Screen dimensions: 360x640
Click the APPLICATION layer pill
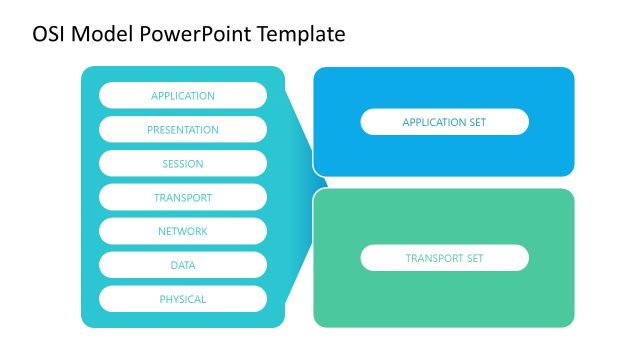click(x=183, y=96)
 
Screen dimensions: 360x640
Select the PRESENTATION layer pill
click(x=183, y=130)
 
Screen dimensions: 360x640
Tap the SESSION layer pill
click(x=183, y=164)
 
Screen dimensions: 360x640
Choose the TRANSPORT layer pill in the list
click(x=183, y=198)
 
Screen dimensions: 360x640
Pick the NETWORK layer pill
click(x=183, y=231)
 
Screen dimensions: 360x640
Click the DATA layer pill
click(x=183, y=265)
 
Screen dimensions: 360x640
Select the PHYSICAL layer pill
click(x=183, y=299)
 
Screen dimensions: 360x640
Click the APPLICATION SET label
click(x=444, y=122)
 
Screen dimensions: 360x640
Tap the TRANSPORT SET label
click(x=444, y=258)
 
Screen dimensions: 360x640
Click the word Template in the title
click(x=301, y=34)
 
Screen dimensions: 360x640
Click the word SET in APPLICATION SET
click(x=477, y=122)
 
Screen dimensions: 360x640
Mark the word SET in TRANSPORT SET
click(x=474, y=258)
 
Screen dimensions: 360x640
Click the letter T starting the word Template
click(x=263, y=34)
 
